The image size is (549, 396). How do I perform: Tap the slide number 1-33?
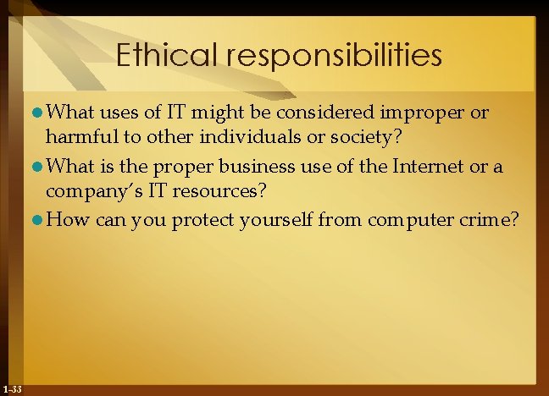[x=13, y=389]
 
